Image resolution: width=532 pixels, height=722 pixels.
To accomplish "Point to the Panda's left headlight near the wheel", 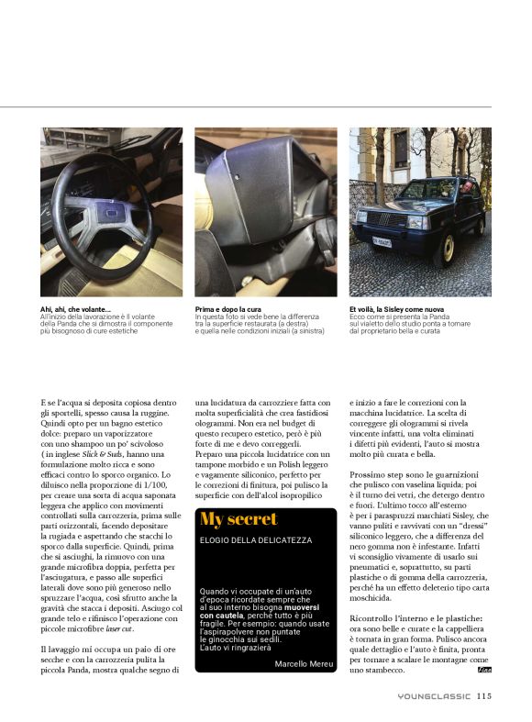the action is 417,223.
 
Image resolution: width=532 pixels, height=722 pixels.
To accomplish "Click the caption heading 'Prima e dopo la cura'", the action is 227,310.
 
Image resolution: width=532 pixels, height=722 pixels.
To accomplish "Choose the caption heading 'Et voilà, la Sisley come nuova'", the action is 397,310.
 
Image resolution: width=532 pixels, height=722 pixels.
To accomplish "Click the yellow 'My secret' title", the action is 238,520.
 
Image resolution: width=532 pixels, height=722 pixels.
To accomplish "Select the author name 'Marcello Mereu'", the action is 305,662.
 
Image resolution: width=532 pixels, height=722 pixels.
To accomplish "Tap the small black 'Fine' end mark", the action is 485,671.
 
